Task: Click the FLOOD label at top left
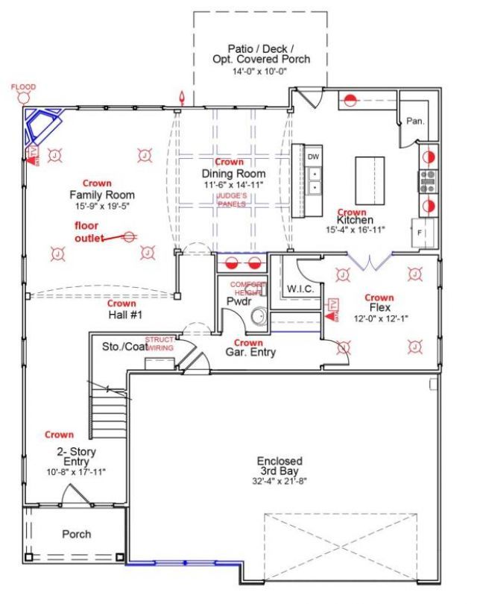[23, 87]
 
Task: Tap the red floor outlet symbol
[129, 236]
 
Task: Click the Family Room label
[98, 195]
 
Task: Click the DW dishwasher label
[314, 157]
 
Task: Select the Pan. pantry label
[415, 122]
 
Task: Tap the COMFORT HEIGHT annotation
[247, 289]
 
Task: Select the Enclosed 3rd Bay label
[280, 465]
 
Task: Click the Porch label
[77, 534]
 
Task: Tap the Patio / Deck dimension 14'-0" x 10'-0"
[260, 71]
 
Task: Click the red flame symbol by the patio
[180, 97]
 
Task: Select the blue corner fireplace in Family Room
[44, 127]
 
